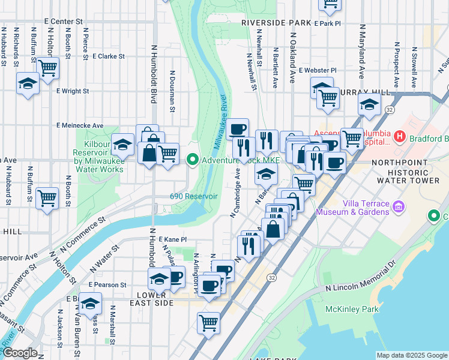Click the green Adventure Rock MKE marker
pyautogui.click(x=193, y=160)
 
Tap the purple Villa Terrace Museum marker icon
pyautogui.click(x=397, y=208)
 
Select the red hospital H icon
pyautogui.click(x=400, y=139)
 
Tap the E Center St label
pyautogui.click(x=63, y=21)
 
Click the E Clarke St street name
pyautogui.click(x=109, y=56)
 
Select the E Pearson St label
pyautogui.click(x=107, y=284)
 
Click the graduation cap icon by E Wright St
pyautogui.click(x=28, y=83)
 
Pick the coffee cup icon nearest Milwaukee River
pyautogui.click(x=237, y=128)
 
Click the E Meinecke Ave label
pyautogui.click(x=80, y=125)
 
